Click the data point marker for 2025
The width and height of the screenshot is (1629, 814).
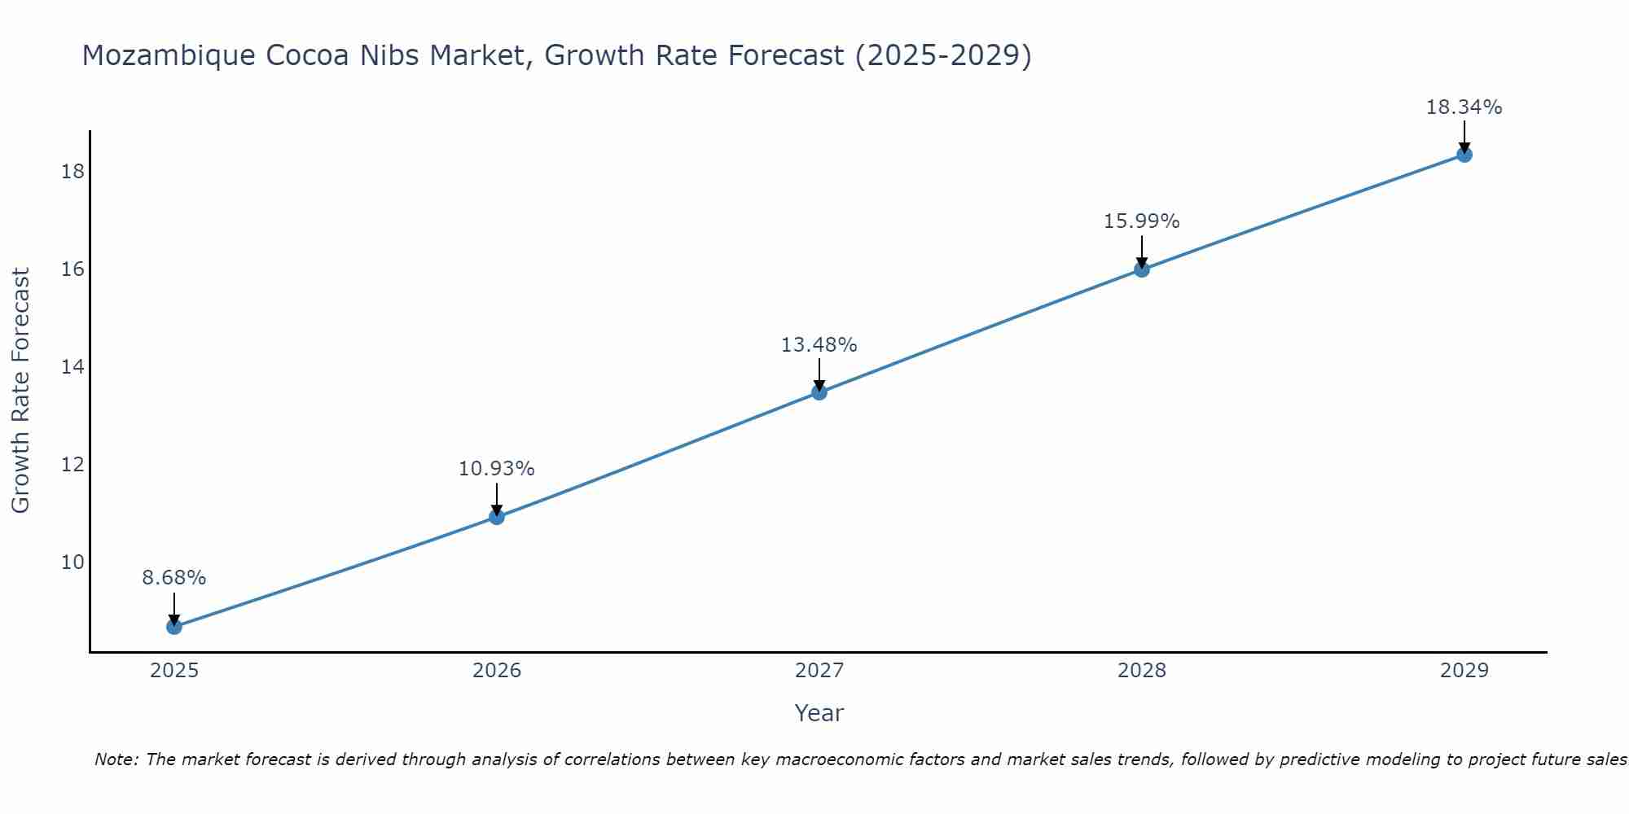coord(173,627)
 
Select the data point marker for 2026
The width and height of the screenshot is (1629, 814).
coord(496,517)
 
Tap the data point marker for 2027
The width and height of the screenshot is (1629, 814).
coord(819,392)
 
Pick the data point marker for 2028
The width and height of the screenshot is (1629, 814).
coord(1141,269)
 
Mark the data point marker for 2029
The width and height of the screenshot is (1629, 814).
coord(1464,155)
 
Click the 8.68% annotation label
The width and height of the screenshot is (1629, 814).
coord(173,578)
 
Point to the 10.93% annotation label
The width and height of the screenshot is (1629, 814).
coord(496,469)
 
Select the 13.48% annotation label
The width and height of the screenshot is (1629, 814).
coord(819,345)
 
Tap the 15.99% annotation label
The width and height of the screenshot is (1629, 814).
coord(1141,221)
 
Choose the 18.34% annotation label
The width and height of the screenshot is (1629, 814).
coord(1464,107)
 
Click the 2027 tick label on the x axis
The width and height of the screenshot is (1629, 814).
coord(819,671)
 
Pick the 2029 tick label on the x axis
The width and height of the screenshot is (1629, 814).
coord(1464,671)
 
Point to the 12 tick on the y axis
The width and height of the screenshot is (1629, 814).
coord(73,465)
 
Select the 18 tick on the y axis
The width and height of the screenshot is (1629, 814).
coord(73,171)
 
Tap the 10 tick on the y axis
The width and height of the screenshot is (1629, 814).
coord(73,562)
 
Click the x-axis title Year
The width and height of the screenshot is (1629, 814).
coord(819,713)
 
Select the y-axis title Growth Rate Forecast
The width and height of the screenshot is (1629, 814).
coord(20,391)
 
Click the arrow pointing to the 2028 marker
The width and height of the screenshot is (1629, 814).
coord(1141,251)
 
